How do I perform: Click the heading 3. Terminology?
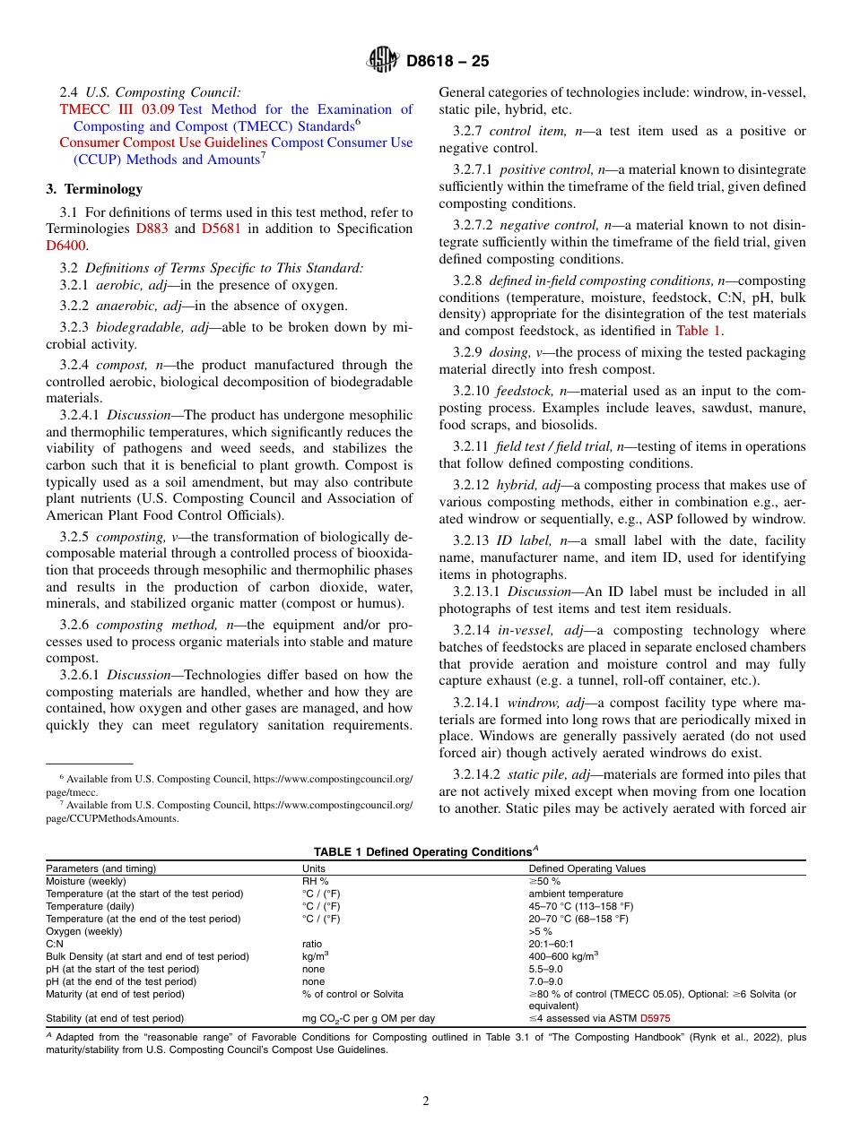pyautogui.click(x=93, y=189)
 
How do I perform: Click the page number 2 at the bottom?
pyautogui.click(x=426, y=1101)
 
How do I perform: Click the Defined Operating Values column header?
pyautogui.click(x=587, y=868)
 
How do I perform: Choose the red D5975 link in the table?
pyautogui.click(x=655, y=1018)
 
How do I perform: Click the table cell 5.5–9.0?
pyautogui.click(x=546, y=969)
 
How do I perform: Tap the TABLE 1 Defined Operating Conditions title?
pyautogui.click(x=424, y=851)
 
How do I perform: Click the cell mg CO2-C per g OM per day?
pyautogui.click(x=368, y=1018)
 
